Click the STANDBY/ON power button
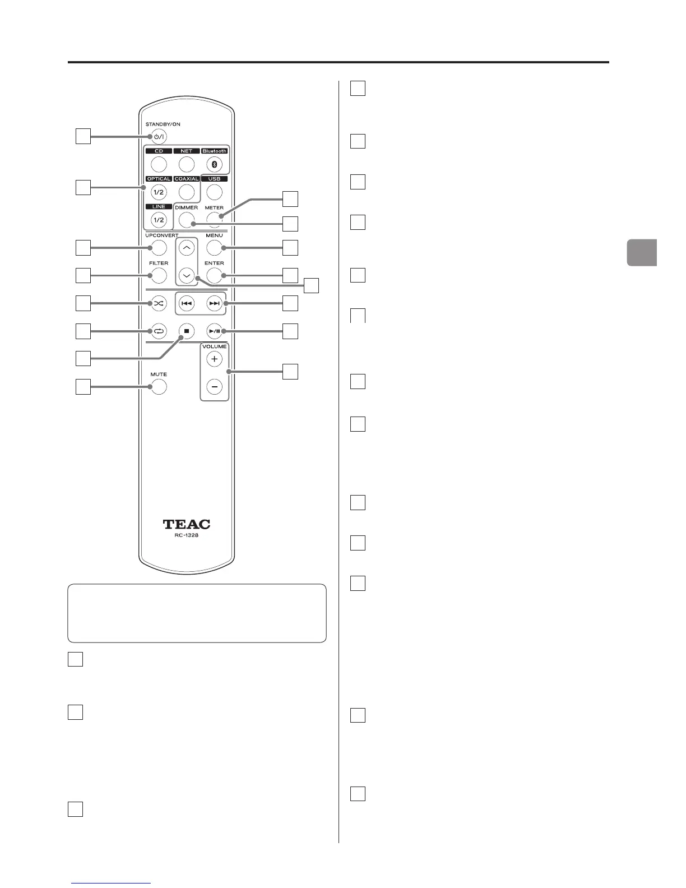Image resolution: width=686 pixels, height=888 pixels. pos(159,136)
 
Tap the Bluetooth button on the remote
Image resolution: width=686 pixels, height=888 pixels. pos(214,164)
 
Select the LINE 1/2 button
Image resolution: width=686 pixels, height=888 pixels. pos(159,220)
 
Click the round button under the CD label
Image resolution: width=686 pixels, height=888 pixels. pos(159,164)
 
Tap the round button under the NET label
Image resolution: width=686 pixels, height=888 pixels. pos(187,164)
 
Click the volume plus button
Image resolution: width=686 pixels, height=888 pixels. pos(214,359)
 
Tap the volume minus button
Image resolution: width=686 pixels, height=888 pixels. pos(214,387)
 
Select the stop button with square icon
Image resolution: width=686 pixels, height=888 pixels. pos(187,331)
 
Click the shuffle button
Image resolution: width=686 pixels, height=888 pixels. pos(159,303)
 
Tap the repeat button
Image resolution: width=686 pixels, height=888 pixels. pos(159,331)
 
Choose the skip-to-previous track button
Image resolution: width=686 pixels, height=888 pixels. pos(187,303)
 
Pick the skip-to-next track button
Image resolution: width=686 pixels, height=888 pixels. pos(214,303)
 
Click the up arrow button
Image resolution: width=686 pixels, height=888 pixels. pos(187,248)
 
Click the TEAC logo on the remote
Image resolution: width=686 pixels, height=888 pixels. pos(187,525)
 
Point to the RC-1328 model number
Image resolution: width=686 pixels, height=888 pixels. pos(187,536)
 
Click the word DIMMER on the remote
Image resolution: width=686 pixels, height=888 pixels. pos(186,207)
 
